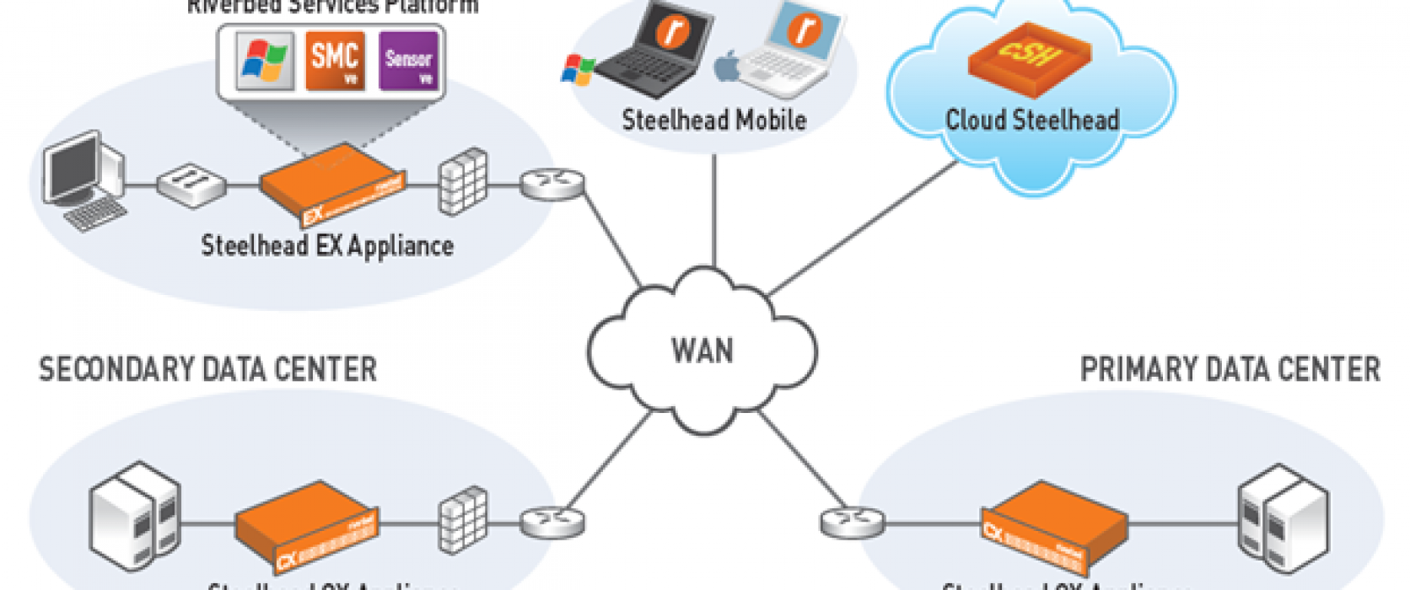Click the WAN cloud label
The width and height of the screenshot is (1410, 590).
click(702, 351)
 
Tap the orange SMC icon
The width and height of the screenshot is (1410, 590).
click(335, 60)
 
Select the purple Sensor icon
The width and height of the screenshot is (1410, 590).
click(408, 60)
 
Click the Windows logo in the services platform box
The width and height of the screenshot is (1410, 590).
click(264, 61)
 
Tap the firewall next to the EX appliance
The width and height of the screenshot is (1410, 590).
click(463, 181)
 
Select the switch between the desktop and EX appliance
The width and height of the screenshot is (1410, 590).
click(191, 183)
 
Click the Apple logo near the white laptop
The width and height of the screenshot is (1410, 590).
click(727, 67)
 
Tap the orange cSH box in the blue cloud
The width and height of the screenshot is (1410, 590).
click(1029, 57)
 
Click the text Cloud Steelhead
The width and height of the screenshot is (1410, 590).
click(1032, 121)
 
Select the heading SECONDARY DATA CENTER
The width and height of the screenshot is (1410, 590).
click(207, 370)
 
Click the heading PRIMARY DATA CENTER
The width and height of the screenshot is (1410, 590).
click(1230, 370)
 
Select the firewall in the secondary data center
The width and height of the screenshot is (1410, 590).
click(463, 518)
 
